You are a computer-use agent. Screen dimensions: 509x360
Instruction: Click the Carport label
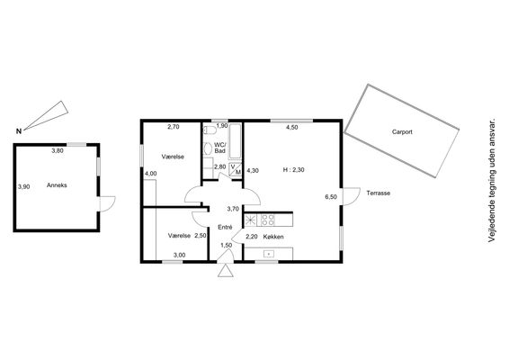tap(402, 132)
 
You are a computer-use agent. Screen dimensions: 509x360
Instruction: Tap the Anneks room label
tap(57, 185)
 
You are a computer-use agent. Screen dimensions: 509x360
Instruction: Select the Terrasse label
tap(379, 193)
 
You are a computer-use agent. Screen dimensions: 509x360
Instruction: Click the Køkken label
tap(273, 237)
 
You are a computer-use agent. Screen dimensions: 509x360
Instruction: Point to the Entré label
tap(225, 228)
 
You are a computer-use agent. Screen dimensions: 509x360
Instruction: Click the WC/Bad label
tap(219, 148)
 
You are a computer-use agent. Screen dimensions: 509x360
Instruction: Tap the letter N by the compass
tap(19, 131)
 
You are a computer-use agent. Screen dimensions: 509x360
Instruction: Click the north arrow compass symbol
tap(46, 115)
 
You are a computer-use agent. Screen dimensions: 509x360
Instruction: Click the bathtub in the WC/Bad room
tap(235, 141)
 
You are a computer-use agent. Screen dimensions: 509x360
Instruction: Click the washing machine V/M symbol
tap(236, 169)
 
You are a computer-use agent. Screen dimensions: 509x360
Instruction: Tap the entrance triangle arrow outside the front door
tap(226, 270)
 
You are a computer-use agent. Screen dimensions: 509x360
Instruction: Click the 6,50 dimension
tap(331, 197)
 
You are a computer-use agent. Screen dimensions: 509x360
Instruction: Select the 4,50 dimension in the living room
tap(291, 128)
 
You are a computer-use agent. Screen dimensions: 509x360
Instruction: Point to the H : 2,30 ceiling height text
tap(293, 169)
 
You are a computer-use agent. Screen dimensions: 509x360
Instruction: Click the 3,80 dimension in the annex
tap(58, 150)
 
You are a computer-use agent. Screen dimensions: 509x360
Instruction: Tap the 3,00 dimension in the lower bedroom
tap(179, 256)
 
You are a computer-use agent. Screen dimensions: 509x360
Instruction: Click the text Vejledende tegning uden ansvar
tap(492, 180)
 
